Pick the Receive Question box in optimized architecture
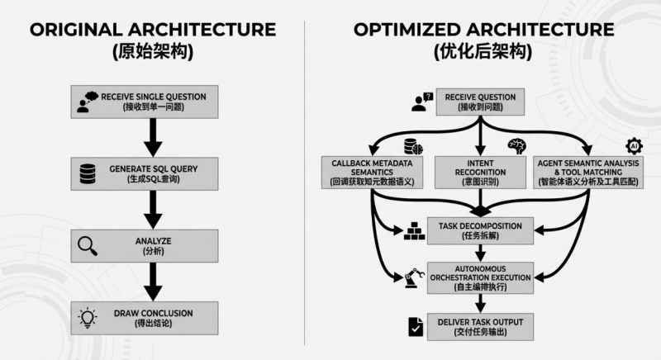pyautogui.click(x=479, y=101)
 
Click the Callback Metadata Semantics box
pyautogui.click(x=371, y=169)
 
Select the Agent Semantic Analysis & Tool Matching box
pyautogui.click(x=588, y=169)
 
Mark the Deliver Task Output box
pyautogui.click(x=479, y=324)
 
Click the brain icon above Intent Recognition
pyautogui.click(x=516, y=145)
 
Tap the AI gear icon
pyautogui.click(x=635, y=146)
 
